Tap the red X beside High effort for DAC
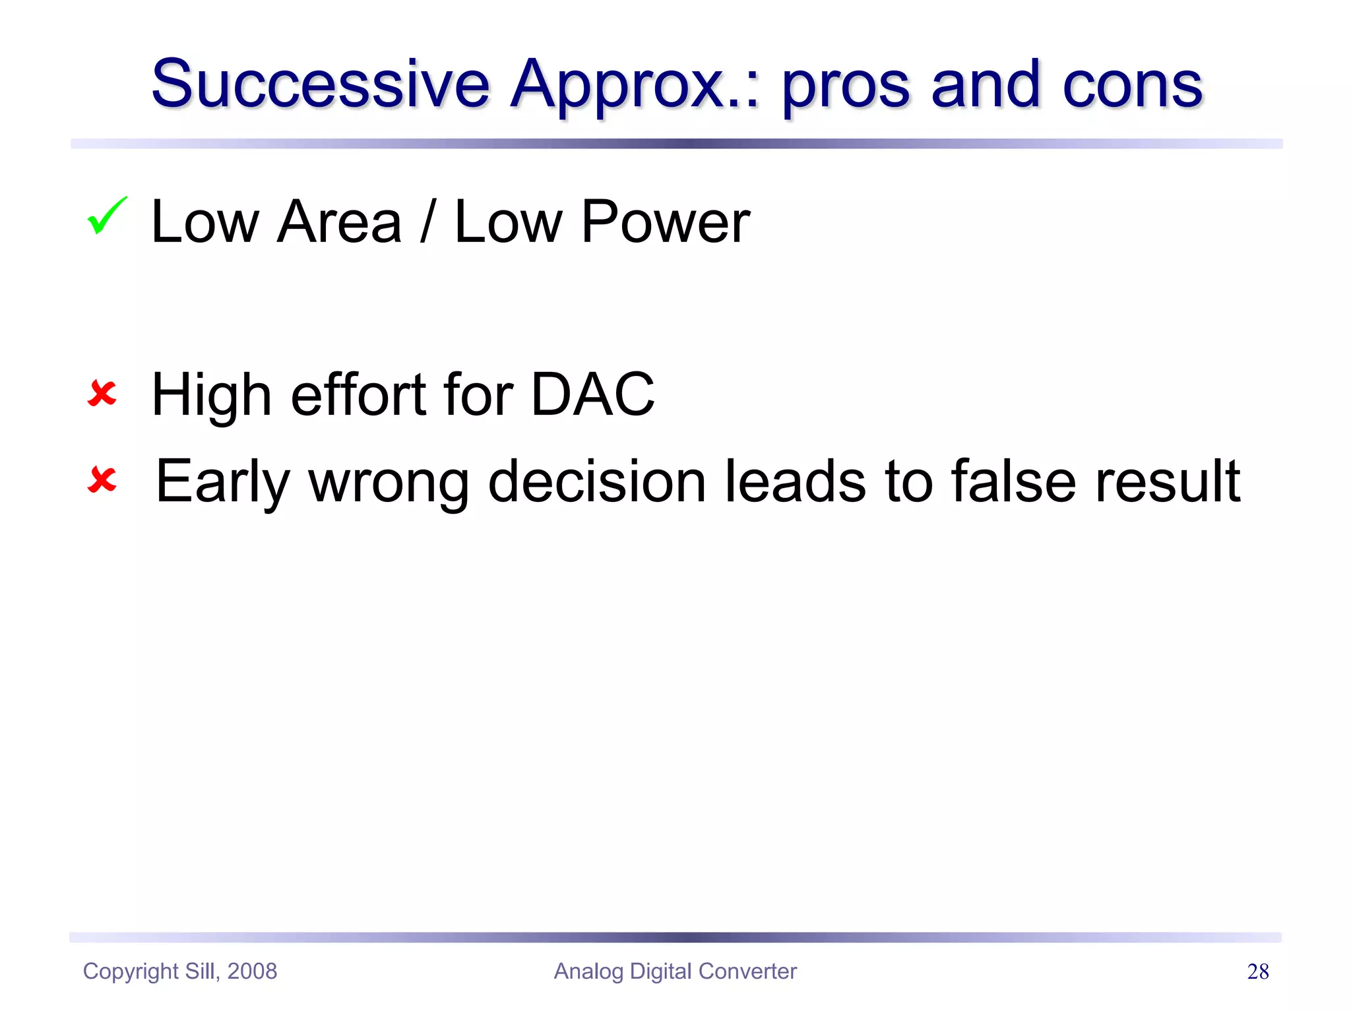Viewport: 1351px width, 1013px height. click(x=102, y=394)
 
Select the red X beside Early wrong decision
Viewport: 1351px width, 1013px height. click(x=102, y=479)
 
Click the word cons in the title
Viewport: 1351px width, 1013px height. click(x=1132, y=86)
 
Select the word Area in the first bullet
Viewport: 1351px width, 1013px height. click(x=340, y=222)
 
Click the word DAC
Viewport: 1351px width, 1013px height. click(x=592, y=394)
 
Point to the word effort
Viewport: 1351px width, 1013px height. click(x=358, y=394)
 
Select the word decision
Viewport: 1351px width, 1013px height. click(x=596, y=481)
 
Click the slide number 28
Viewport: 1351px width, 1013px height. click(x=1258, y=971)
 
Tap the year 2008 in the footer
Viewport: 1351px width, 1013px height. click(x=252, y=971)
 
